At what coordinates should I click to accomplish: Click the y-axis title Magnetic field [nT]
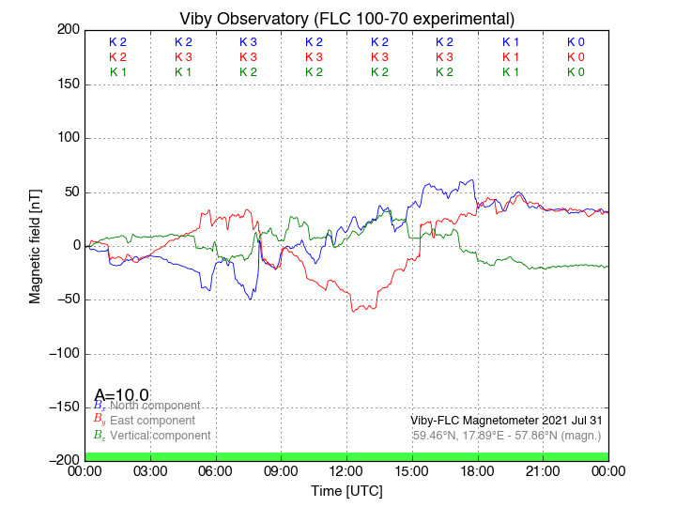coord(35,244)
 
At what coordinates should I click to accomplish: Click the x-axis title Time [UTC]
coord(346,490)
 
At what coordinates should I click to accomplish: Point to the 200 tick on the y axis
coord(68,30)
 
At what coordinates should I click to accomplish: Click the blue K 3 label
coord(248,42)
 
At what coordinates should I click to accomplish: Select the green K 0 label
coord(576,72)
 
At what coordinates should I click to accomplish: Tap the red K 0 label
coord(576,57)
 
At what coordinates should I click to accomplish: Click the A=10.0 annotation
coord(121,395)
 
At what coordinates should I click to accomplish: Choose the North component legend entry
coord(150,406)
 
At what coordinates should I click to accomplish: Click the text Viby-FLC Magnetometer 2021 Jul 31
coord(506,421)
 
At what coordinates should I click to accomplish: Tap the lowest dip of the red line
coord(353,311)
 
